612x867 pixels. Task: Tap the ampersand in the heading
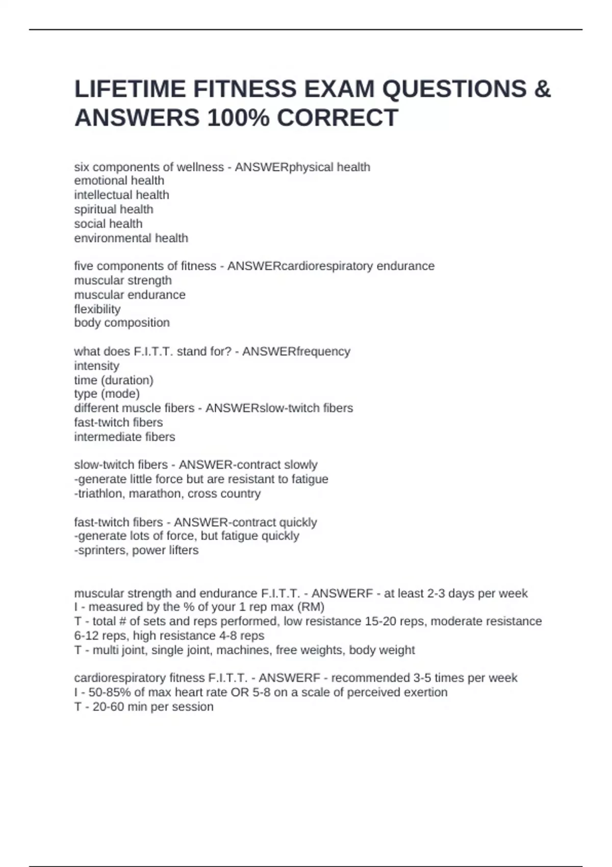coord(542,89)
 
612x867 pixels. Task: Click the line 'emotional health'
coord(119,181)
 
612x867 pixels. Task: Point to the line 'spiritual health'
coord(113,209)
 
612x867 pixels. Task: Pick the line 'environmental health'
coord(131,238)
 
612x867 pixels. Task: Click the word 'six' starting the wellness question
coord(81,167)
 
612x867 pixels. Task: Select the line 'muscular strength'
coord(122,280)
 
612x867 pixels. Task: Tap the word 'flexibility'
coord(97,309)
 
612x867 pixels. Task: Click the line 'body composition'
coord(121,323)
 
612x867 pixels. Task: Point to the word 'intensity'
coord(96,366)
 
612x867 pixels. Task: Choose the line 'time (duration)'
coord(113,380)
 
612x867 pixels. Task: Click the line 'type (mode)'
coord(107,394)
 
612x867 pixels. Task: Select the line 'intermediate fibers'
coord(124,437)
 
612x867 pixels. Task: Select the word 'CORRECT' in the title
coord(337,118)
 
